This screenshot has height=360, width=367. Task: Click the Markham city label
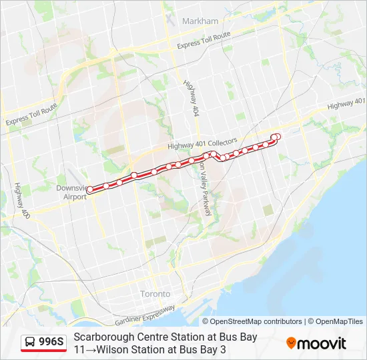200,21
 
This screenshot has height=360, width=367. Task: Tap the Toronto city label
155,293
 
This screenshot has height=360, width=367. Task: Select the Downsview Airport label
71,193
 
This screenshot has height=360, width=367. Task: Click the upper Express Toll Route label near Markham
204,40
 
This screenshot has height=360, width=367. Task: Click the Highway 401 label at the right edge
347,103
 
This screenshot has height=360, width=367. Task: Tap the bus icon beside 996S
30,343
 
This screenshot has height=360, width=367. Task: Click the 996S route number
51,343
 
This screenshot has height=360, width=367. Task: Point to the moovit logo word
322,343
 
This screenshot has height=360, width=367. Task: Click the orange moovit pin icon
291,343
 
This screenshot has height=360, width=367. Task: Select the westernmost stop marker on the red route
90,190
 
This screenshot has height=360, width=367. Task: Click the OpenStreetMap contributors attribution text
256,321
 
